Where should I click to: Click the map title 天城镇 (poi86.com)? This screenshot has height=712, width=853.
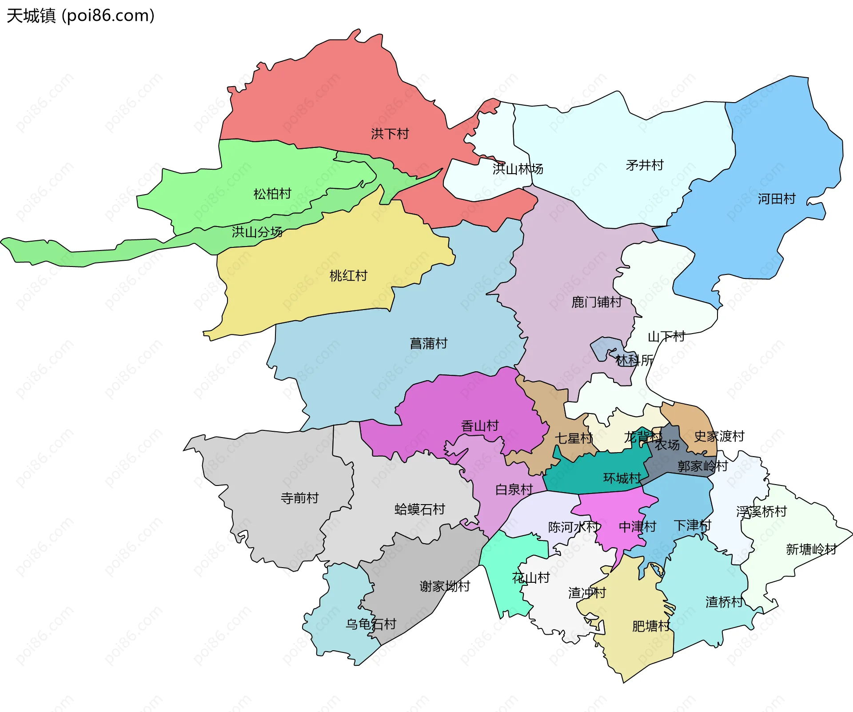click(80, 16)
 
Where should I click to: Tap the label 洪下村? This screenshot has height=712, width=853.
click(390, 134)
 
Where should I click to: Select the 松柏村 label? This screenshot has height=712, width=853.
click(272, 194)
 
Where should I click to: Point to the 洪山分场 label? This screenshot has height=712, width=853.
click(257, 232)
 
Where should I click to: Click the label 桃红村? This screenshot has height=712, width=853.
click(348, 276)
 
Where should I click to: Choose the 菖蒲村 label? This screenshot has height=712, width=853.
click(428, 343)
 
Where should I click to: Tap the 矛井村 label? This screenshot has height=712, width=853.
click(644, 165)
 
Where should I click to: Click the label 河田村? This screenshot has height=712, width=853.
click(776, 199)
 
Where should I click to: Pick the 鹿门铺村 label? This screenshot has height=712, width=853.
click(596, 302)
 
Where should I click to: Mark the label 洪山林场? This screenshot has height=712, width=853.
click(518, 169)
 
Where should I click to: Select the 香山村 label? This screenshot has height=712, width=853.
click(480, 426)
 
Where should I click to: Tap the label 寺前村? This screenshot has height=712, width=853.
click(299, 498)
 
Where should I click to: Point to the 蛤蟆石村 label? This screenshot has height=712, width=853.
click(419, 509)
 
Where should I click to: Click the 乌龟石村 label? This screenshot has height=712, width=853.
click(371, 624)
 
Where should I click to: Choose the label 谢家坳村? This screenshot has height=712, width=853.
click(444, 586)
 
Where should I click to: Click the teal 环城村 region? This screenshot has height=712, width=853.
click(595, 475)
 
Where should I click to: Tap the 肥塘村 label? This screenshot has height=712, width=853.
click(650, 626)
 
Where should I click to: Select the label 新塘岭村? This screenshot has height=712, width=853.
click(811, 549)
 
